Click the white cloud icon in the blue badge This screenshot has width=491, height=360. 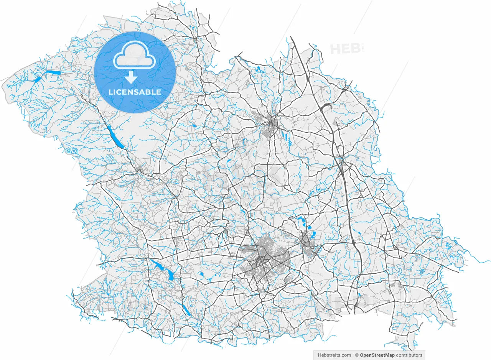click(x=134, y=57)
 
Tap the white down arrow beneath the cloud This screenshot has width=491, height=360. click(x=131, y=77)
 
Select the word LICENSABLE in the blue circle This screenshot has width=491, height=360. click(x=135, y=92)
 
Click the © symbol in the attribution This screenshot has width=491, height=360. click(x=356, y=355)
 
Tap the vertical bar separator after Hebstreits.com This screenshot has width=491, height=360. click(x=353, y=355)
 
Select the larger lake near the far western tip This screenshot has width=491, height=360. click(x=52, y=72)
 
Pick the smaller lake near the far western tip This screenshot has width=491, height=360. click(x=37, y=80)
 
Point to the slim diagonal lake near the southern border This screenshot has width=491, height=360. click(x=186, y=310)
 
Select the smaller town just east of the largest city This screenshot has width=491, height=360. click(x=307, y=243)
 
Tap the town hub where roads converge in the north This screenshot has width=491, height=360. click(x=273, y=123)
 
